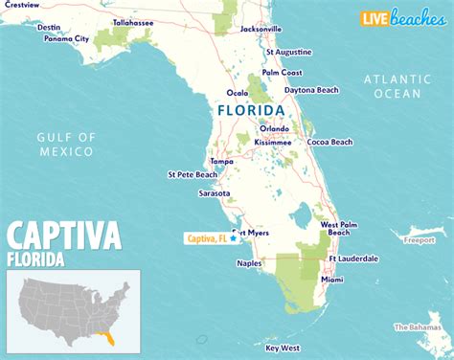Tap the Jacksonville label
[x=261, y=29]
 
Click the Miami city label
[x=332, y=280]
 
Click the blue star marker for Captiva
[x=233, y=239]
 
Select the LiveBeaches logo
[x=401, y=17]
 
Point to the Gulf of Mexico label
[x=66, y=144]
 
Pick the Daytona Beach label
[x=312, y=90]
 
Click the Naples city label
[x=250, y=263]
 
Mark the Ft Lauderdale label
[x=353, y=259]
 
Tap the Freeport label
[x=418, y=240]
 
